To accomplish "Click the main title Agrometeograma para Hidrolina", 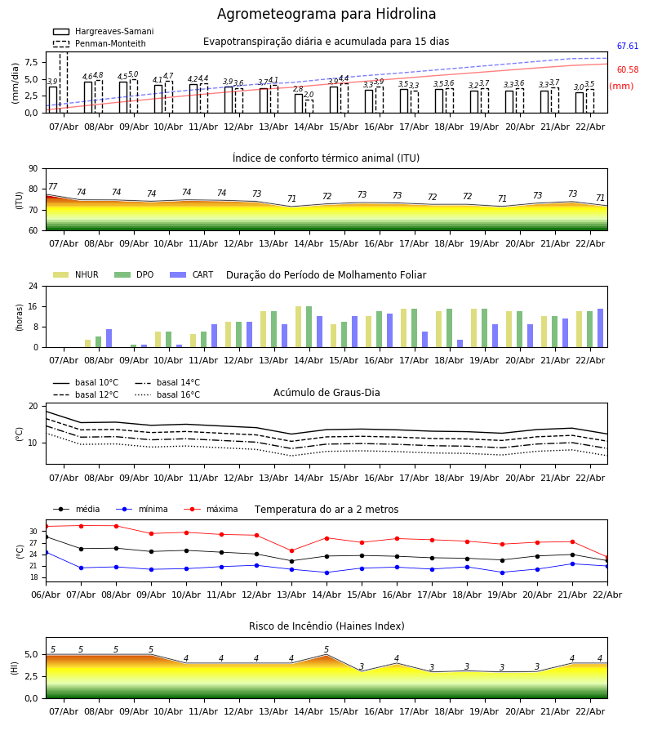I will pos(326,15).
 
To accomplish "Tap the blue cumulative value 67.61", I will pos(628,47).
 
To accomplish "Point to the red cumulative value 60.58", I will pos(628,70).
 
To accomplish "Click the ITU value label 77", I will pos(53,187).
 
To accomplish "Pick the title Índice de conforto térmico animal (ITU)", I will pos(326,158).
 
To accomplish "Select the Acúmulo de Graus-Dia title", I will pos(326,393).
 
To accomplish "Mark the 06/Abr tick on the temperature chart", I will pos(46,594).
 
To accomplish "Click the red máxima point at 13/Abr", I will pos(291,550).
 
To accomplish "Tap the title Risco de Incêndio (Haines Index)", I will pos(326,626).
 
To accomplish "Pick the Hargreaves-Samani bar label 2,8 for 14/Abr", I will pos(298,90).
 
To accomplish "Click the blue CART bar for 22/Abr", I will pos(600,328).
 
